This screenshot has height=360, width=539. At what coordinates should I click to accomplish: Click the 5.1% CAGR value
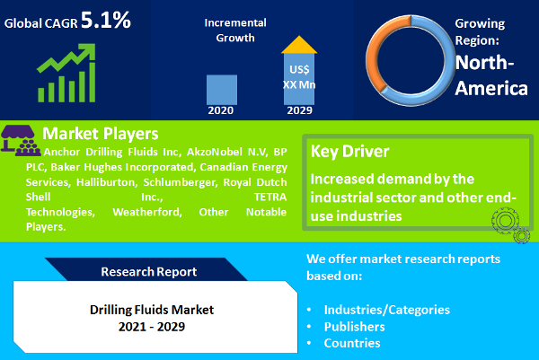click(106, 20)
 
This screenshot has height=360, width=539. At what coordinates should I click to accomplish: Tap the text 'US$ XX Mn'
click(300, 76)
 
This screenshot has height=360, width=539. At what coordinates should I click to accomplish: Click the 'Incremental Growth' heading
click(234, 30)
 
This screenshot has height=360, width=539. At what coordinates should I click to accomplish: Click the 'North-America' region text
click(490, 75)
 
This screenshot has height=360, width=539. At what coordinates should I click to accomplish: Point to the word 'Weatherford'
click(148, 213)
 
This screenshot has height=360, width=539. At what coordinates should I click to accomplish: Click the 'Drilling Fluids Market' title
click(152, 309)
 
